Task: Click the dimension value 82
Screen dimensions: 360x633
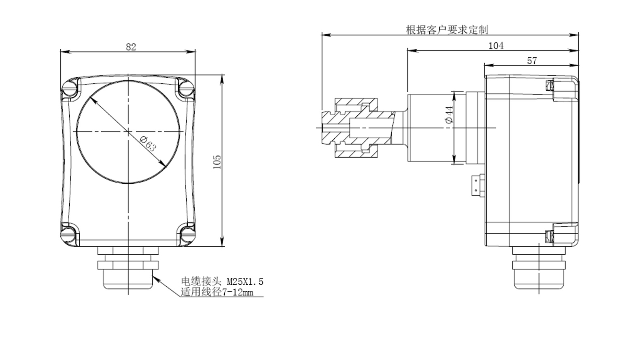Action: (131, 47)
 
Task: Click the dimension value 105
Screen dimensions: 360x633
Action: (217, 162)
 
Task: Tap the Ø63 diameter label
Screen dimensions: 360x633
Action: (148, 144)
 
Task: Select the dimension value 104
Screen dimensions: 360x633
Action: (496, 46)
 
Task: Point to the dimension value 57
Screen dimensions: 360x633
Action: (532, 61)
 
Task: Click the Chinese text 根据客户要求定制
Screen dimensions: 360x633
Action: (447, 30)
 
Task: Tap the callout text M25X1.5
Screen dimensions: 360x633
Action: (244, 282)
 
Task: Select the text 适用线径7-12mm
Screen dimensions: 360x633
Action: (217, 292)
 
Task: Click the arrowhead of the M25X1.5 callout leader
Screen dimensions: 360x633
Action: (155, 277)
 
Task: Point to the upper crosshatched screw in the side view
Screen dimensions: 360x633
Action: (549, 85)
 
